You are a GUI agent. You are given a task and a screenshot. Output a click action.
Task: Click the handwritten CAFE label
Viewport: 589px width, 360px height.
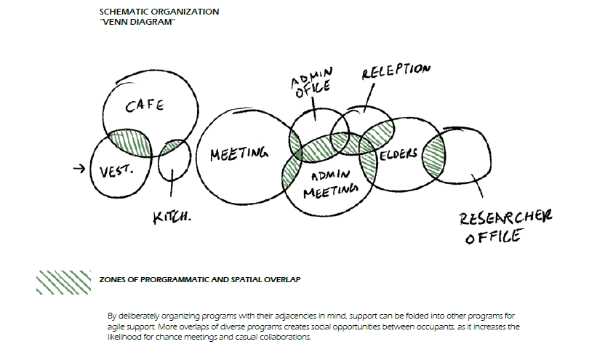click(145, 107)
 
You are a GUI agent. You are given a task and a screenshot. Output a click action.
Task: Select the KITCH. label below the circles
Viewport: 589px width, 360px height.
click(172, 217)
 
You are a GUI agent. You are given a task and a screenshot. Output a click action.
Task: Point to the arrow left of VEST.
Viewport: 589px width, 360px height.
click(80, 169)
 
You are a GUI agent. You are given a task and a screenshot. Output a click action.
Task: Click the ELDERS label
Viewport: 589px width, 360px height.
click(399, 154)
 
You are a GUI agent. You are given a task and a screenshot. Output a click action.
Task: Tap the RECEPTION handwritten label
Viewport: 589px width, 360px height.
click(396, 71)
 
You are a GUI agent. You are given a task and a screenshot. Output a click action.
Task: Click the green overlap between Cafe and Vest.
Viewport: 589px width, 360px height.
click(129, 143)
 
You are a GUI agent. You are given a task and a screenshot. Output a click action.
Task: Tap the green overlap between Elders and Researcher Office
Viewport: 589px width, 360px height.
click(433, 154)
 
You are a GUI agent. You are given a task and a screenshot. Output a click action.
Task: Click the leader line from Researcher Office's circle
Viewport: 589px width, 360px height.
click(477, 186)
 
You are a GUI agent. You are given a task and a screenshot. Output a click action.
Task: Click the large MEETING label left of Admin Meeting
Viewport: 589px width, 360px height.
click(239, 154)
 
